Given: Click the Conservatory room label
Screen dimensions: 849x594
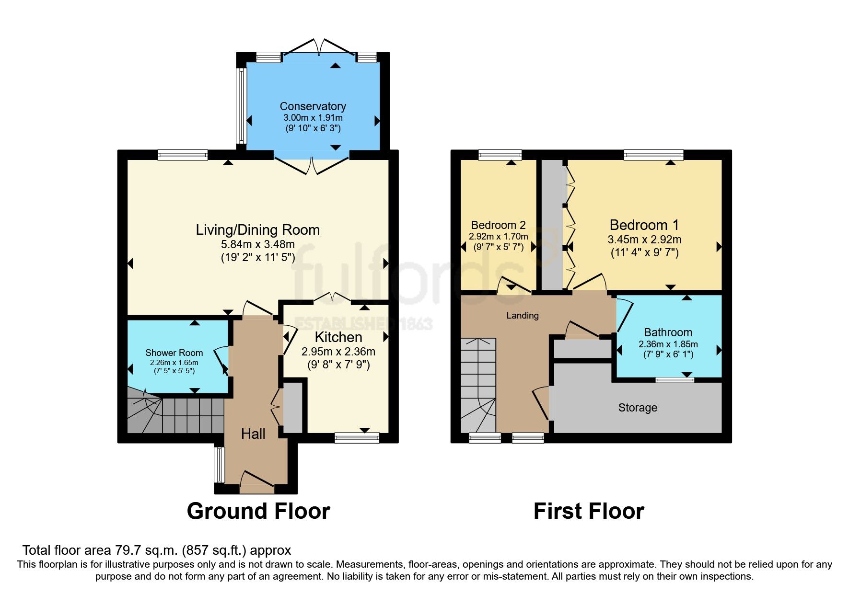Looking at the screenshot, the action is tap(313, 106).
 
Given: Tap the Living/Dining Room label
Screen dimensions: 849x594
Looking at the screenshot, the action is tap(258, 230).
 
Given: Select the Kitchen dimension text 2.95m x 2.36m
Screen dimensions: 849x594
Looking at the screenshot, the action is tap(338, 352).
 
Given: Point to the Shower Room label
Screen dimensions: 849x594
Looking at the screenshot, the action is tap(174, 353).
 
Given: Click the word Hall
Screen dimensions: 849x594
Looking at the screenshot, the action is tap(253, 434).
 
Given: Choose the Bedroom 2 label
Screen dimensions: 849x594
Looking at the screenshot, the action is tap(499, 225).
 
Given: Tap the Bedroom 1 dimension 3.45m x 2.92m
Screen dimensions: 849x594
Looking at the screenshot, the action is tap(644, 240).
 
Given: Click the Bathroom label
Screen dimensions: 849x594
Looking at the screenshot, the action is tap(668, 332).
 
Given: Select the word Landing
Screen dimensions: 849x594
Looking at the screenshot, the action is tap(523, 316).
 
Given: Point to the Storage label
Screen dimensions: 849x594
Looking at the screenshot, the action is tap(638, 408).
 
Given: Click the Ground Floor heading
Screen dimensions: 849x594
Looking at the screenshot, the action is tap(258, 511).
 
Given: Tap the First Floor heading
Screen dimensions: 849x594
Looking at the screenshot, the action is tap(589, 511).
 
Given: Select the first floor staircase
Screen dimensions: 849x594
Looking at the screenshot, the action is tap(478, 386).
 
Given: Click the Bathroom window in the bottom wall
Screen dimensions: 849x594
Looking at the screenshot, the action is tap(675, 380).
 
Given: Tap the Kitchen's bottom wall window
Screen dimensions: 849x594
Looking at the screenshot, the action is tap(357, 437).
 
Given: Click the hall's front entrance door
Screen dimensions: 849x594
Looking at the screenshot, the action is tap(257, 482).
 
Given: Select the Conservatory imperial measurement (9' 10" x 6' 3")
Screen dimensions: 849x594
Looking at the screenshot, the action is tap(313, 128).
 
